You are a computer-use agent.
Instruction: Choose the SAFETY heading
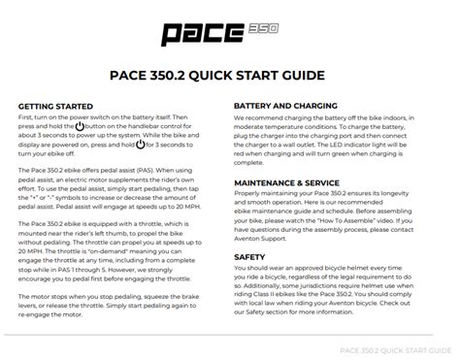(250, 258)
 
